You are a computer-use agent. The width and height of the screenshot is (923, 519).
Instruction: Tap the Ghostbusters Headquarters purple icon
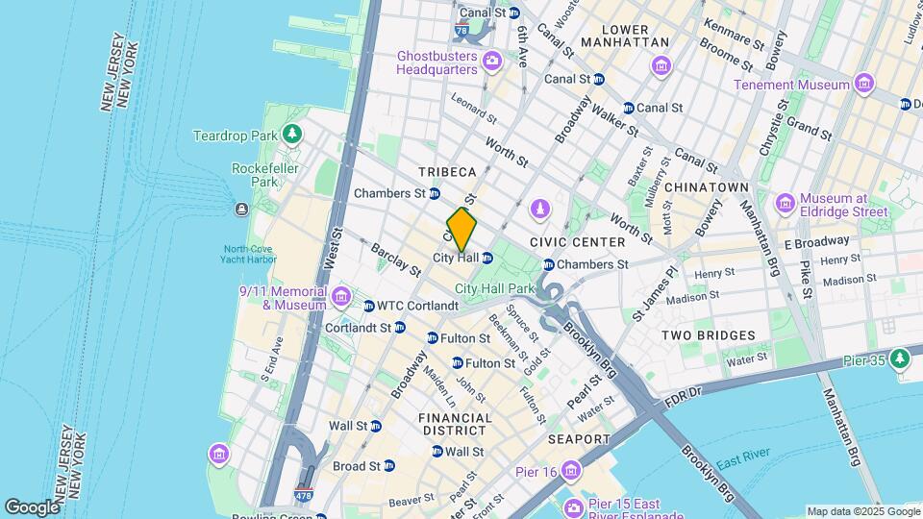(492, 62)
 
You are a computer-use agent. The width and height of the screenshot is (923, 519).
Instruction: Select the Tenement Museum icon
(863, 84)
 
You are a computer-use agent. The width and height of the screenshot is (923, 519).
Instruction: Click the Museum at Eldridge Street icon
(785, 203)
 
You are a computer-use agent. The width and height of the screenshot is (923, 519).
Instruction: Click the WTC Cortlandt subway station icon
(369, 306)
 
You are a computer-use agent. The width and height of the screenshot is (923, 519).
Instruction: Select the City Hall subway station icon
(487, 258)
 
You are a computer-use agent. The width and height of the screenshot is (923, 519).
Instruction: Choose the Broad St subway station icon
(388, 466)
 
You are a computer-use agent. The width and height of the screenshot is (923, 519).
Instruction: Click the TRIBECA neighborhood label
(447, 172)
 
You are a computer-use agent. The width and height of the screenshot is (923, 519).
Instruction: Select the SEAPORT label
(579, 439)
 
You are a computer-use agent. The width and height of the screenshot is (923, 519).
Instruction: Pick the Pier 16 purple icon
(572, 470)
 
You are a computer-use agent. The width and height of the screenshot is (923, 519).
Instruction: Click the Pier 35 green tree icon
(900, 358)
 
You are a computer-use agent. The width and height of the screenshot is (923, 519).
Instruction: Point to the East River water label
(743, 458)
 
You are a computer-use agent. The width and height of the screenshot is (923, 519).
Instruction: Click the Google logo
(32, 507)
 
